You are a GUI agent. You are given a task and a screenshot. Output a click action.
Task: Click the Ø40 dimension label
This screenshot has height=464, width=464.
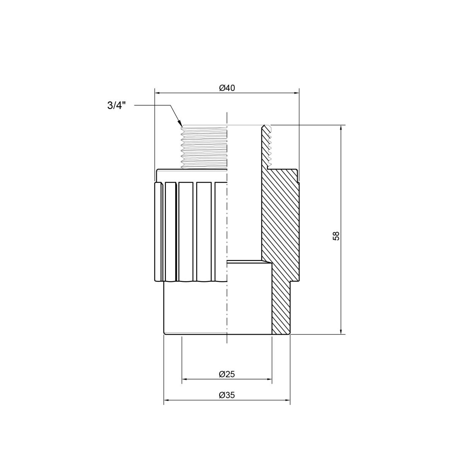(x=227, y=88)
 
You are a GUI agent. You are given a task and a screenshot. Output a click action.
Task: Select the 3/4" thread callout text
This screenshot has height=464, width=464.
(x=116, y=106)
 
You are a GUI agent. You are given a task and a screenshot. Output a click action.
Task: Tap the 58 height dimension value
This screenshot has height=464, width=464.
(x=336, y=236)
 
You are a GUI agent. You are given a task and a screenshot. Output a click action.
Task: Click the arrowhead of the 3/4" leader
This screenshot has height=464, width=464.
(x=180, y=124)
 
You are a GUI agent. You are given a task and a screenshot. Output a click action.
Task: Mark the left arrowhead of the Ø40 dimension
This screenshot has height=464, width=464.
(x=157, y=93)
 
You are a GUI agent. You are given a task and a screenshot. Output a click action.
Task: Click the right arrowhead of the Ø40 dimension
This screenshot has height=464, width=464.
(x=296, y=93)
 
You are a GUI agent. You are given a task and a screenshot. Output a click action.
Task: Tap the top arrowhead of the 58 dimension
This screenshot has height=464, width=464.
(x=341, y=128)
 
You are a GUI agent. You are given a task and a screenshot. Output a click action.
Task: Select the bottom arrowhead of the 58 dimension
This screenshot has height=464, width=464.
(x=341, y=331)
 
